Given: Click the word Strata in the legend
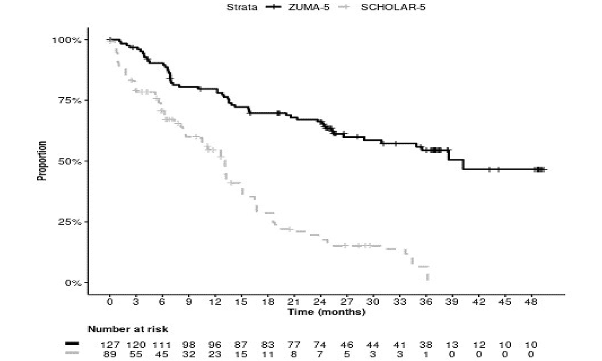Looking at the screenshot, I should point(242,7).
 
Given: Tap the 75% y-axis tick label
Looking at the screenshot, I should point(69,101).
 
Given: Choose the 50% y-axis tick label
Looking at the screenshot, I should point(69,162).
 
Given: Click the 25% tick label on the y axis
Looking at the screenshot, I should point(69,222).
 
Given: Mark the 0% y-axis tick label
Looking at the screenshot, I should point(73,283).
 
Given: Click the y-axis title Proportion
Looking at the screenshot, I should point(42,161).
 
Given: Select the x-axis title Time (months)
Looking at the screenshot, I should point(326,312).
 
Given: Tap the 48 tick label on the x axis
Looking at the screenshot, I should point(531,302).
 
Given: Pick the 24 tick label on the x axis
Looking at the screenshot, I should point(320,302).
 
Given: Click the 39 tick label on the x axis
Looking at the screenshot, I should point(451,302).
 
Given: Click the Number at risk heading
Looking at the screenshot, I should point(128,329).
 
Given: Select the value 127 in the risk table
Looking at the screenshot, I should point(110,345).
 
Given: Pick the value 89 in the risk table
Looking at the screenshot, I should point(110,354).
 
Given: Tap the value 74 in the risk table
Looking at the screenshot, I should point(320,345).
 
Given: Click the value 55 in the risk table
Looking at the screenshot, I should point(136,354).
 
